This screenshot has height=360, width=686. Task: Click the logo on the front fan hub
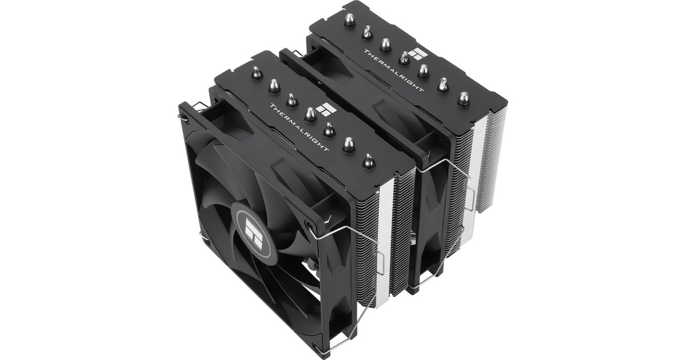pyautogui.click(x=254, y=234)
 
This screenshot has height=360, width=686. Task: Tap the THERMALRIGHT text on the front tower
pyautogui.click(x=299, y=127)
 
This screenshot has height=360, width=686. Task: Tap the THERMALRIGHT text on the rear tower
pyautogui.click(x=394, y=70)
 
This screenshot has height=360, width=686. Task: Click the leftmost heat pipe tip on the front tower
pyautogui.click(x=257, y=73)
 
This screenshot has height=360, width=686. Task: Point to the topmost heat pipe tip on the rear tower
pyautogui.click(x=349, y=19)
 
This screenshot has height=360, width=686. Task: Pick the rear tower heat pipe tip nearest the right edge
pyautogui.click(x=464, y=99)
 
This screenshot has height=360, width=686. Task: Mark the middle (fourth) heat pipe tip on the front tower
pyautogui.click(x=310, y=114)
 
